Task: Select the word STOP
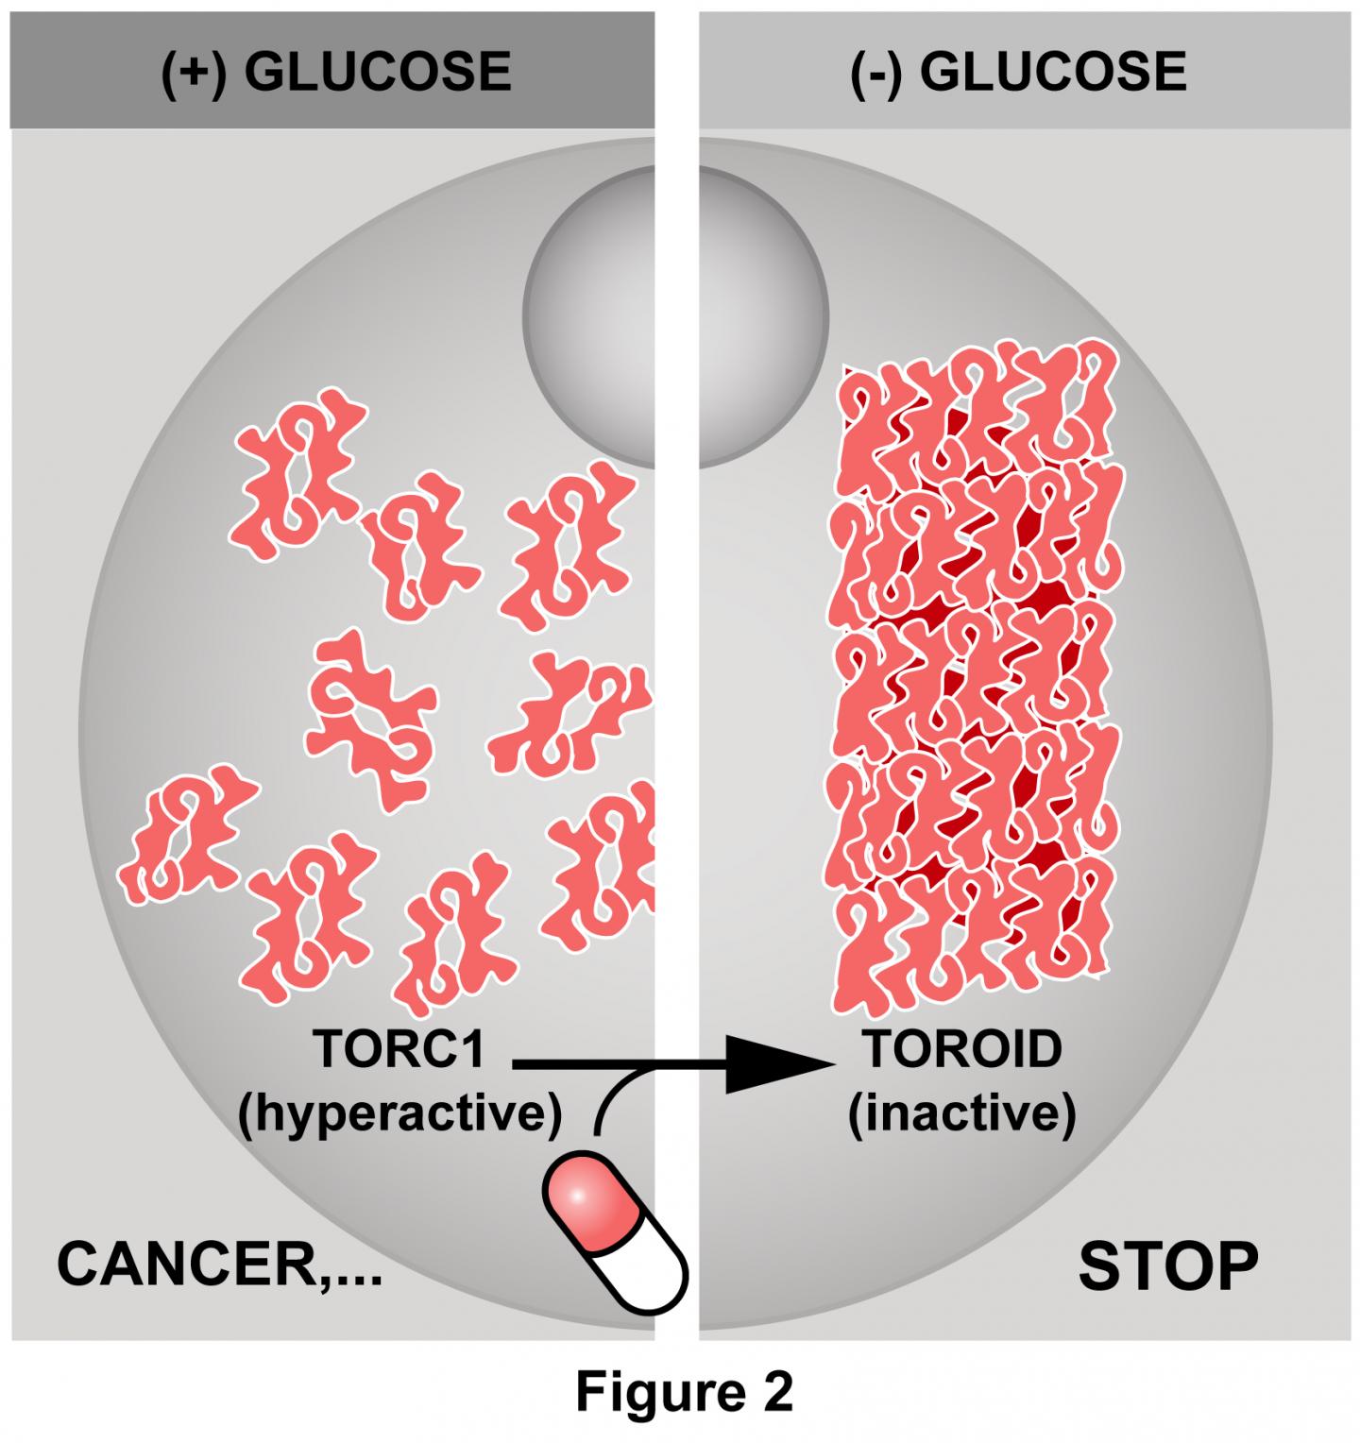click(1168, 1265)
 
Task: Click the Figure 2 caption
click(685, 1390)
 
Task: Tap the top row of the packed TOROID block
click(973, 416)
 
